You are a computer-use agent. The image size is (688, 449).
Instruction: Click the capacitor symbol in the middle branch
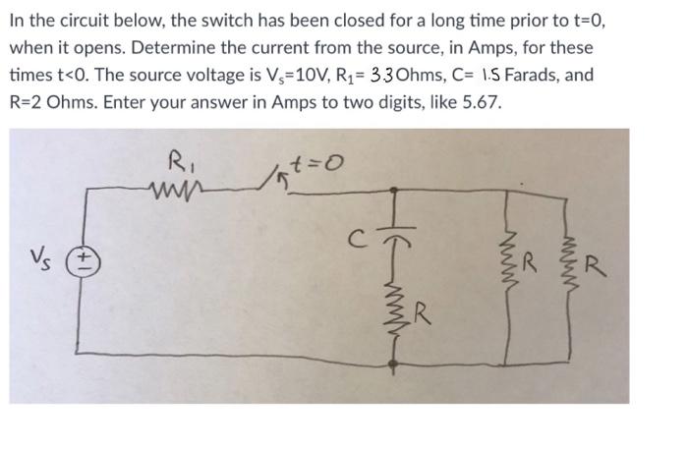(x=394, y=238)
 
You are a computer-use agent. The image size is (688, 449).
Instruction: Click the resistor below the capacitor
(x=394, y=312)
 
